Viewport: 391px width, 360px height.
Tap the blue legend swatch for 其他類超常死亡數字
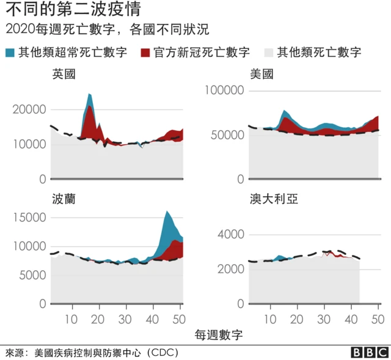10,52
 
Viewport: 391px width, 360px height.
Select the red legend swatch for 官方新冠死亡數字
145,52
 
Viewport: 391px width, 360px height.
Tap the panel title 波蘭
64,200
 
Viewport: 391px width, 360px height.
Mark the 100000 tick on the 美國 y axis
224,90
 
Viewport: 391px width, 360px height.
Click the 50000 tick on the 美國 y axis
227,134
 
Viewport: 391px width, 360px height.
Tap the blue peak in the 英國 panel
90,95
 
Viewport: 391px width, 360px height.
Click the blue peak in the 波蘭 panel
167,213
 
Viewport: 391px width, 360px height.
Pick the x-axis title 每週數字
219,335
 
